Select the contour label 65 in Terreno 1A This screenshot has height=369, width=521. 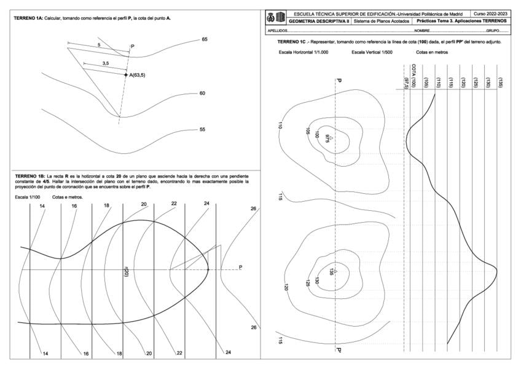pyautogui.click(x=205, y=39)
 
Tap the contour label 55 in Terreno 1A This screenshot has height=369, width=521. pyautogui.click(x=202, y=130)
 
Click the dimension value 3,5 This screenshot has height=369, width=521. pyautogui.click(x=106, y=63)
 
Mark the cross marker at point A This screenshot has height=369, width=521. pyautogui.click(x=126, y=74)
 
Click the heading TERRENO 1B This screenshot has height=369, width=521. pyautogui.click(x=30, y=176)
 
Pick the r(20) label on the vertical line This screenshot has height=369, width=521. pyautogui.click(x=125, y=271)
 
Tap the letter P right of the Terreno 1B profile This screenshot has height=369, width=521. pyautogui.click(x=240, y=267)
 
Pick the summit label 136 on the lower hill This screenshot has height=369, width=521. pyautogui.click(x=332, y=272)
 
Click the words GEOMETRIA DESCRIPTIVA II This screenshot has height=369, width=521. pyautogui.click(x=319, y=21)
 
